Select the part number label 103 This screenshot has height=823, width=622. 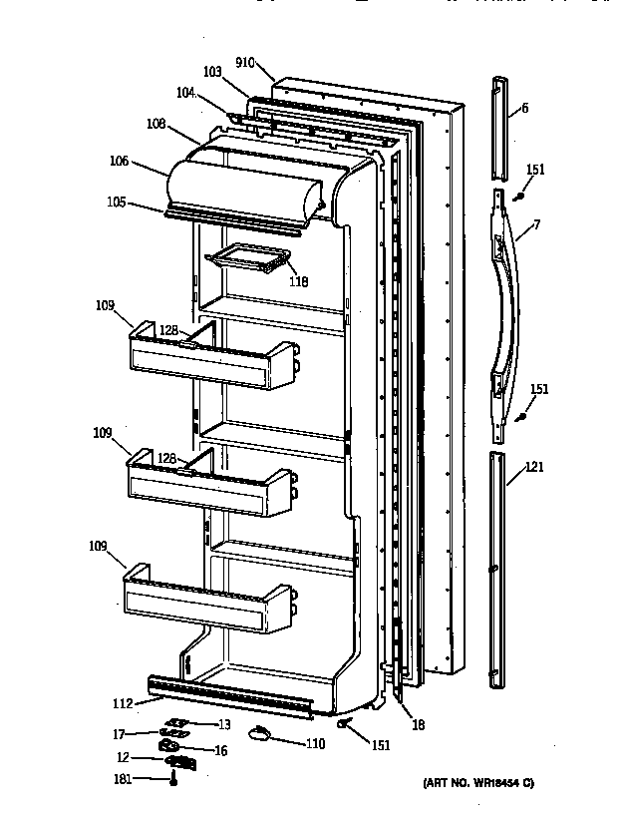coord(211,73)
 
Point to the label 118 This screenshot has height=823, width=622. coord(298,281)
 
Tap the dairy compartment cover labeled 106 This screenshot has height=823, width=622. coord(244,186)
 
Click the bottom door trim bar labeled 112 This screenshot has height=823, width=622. coord(229,695)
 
